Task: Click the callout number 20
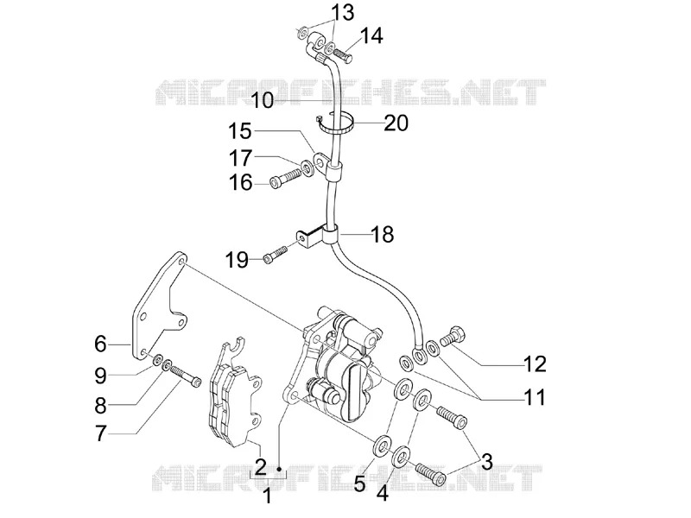[396, 123]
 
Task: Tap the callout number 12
[535, 363]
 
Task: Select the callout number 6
[100, 343]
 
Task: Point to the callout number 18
[382, 234]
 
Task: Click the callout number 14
[371, 35]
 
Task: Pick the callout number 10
[263, 100]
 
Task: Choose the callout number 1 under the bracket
[268, 496]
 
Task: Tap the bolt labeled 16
[285, 180]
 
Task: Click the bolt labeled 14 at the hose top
[340, 55]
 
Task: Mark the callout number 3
[486, 462]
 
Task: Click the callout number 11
[534, 397]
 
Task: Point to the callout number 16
[240, 182]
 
